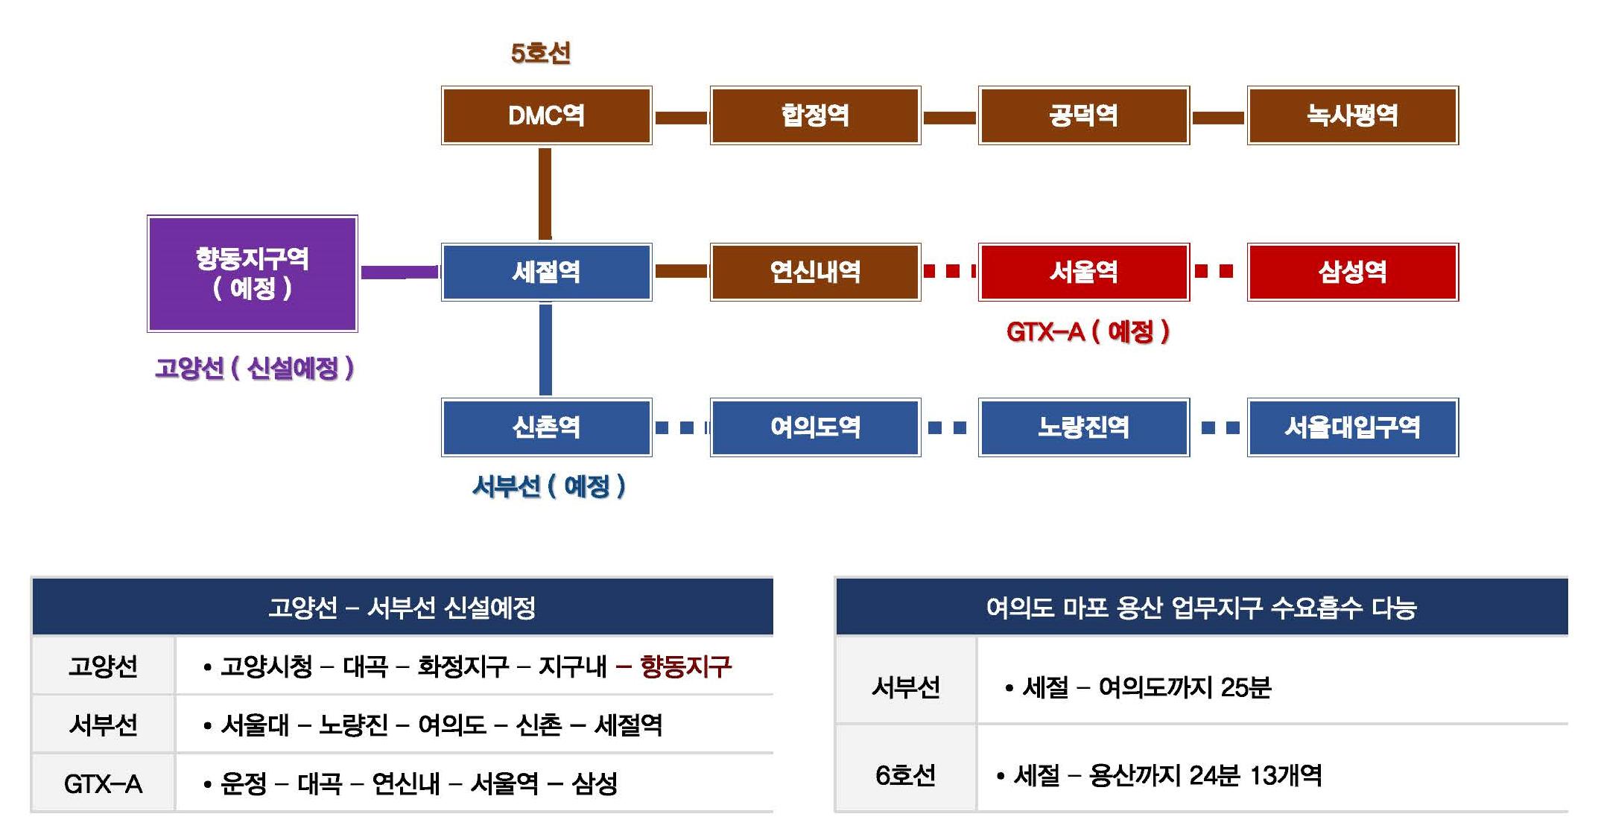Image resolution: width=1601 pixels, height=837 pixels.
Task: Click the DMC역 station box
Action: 546,115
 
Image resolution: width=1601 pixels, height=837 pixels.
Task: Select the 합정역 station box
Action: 815,115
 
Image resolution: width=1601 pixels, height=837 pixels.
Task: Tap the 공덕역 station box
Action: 1083,115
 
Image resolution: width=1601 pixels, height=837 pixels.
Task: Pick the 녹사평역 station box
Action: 1352,115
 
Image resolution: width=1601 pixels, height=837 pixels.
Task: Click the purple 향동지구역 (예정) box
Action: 253,273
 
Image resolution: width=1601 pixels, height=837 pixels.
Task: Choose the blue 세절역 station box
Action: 546,272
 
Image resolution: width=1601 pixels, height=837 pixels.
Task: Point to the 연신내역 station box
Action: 815,272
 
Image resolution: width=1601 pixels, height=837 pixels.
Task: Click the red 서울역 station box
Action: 1083,272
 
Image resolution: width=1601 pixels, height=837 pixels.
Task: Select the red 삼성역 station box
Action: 1352,272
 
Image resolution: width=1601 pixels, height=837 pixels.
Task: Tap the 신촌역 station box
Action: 546,427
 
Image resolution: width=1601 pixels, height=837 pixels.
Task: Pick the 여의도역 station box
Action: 815,427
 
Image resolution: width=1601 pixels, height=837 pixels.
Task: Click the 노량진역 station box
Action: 1083,427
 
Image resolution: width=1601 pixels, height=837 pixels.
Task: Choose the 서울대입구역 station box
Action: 1352,427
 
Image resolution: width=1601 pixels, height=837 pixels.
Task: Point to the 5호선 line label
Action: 541,53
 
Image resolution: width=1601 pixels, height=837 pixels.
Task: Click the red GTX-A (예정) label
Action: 1088,331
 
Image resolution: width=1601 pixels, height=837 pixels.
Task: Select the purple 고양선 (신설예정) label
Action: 254,368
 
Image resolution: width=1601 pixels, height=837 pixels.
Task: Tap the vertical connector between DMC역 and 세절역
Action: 545,194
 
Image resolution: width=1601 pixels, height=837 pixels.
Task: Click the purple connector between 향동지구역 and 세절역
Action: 399,272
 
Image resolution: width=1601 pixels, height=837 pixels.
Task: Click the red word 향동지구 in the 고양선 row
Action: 685,666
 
